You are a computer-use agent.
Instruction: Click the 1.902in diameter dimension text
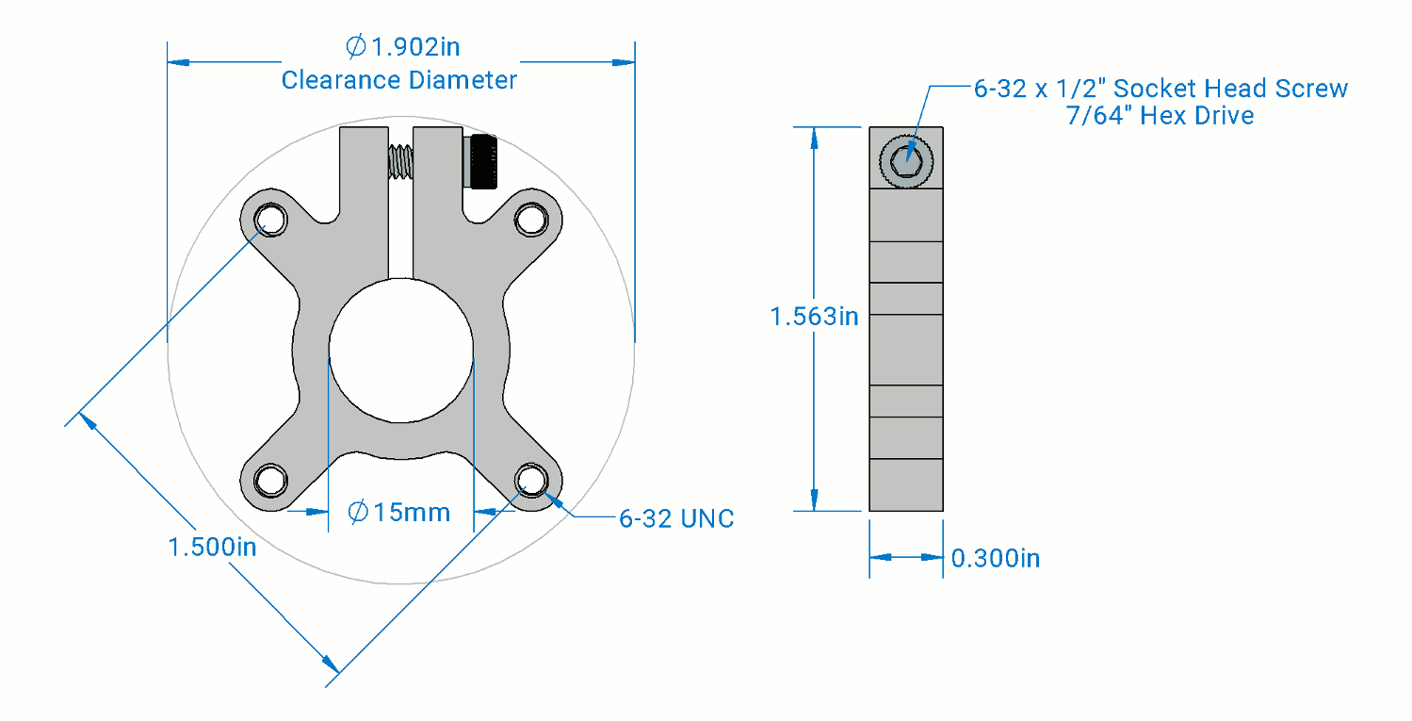pos(403,47)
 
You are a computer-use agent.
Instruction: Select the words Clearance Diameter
pos(399,80)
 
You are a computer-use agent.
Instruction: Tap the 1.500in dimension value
pos(213,547)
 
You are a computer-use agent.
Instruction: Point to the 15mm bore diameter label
pos(399,512)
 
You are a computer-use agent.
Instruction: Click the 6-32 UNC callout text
pos(676,518)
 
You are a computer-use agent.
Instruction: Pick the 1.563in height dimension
pos(815,316)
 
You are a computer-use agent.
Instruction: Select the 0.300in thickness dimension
pos(996,558)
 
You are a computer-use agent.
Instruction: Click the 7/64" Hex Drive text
pos(1160,115)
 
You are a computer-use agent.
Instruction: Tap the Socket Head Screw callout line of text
pos(1160,89)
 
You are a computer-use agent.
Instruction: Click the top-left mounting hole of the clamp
pos(270,220)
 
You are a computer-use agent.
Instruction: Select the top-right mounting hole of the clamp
pos(531,220)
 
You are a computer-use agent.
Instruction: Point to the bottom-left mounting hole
pos(270,481)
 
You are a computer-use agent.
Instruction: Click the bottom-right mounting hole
pos(531,481)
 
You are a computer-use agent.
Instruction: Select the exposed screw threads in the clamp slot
pos(401,161)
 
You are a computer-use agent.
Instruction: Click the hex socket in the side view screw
pos(906,161)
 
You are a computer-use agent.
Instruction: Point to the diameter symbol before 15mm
pos(357,512)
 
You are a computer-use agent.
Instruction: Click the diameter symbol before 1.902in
pos(355,46)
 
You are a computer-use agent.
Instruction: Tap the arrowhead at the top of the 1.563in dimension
pos(815,139)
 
